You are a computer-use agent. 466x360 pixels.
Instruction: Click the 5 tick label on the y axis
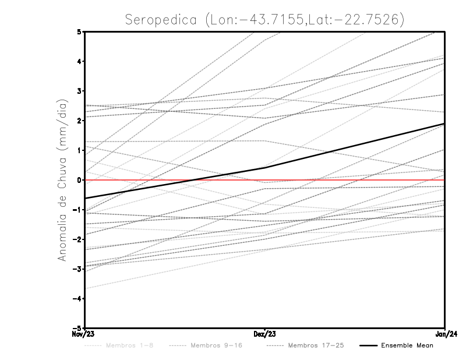point(79,31)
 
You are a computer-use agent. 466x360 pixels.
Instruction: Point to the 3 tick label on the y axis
point(79,91)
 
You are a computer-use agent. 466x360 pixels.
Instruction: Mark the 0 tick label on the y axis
point(79,180)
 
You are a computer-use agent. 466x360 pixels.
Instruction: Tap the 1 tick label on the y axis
point(79,150)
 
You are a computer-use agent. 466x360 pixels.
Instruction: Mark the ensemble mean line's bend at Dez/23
point(265,168)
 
